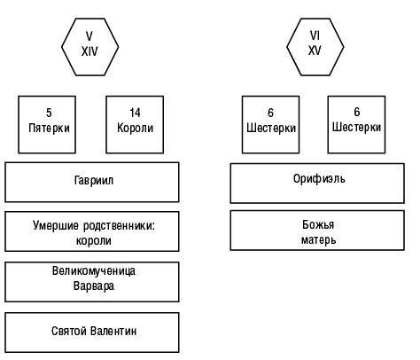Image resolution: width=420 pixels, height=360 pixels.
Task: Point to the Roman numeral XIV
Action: coord(90,51)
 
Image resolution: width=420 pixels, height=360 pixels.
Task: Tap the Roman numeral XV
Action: coord(315,51)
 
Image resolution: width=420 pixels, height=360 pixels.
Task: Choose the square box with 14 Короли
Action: coord(135,121)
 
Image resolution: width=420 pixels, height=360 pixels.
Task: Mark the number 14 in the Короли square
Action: coord(135,113)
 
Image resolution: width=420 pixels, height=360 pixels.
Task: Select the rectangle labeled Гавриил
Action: coord(94,182)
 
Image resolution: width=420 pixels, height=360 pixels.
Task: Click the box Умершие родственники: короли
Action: coord(94,232)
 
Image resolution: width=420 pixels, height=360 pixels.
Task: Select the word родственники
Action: coord(118,225)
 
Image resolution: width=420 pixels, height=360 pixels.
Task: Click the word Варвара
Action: coord(94,286)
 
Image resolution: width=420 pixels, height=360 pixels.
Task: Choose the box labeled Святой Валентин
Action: coord(94,333)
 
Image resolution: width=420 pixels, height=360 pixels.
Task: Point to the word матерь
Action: coord(319,239)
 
